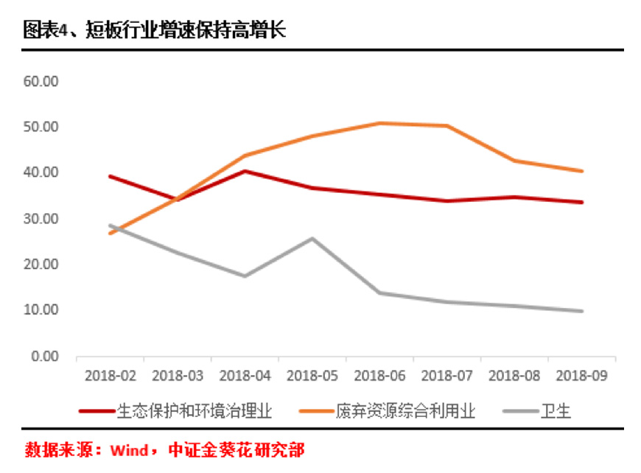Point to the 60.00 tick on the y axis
click(41, 80)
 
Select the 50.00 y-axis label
click(41, 127)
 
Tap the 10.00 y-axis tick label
click(41, 310)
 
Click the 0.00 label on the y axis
click(44, 356)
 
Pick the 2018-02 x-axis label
click(111, 375)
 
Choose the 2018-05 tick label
click(312, 375)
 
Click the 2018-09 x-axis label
click(581, 375)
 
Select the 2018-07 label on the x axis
click(446, 375)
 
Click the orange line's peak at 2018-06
click(379, 123)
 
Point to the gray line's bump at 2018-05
click(312, 239)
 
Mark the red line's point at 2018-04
click(245, 171)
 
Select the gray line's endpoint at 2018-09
click(581, 311)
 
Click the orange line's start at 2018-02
click(111, 234)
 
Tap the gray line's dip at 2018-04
click(245, 276)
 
